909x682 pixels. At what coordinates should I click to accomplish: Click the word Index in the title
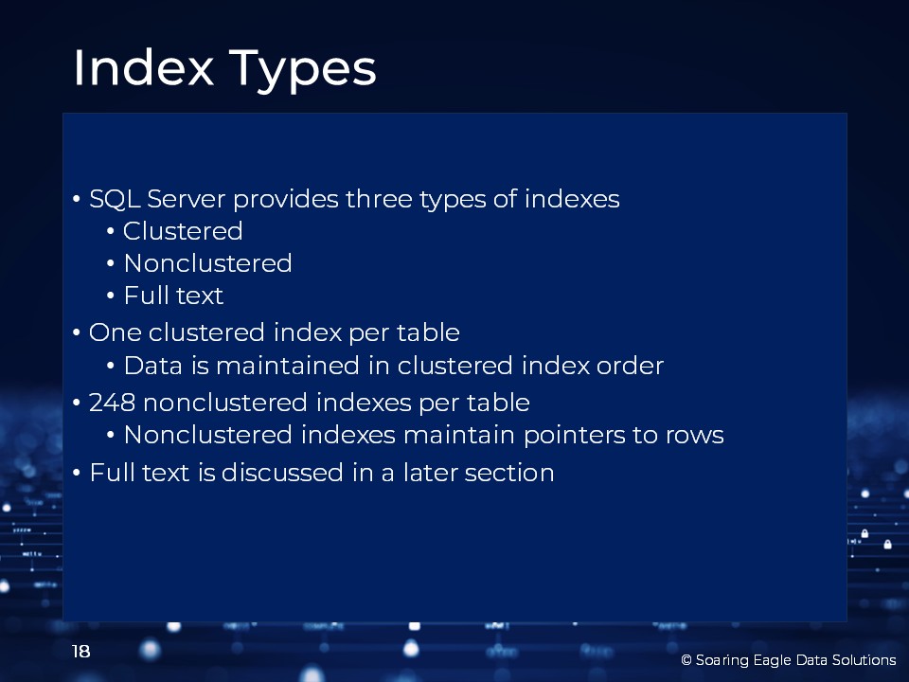coord(143,68)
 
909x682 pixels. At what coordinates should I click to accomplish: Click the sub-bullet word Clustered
coord(183,231)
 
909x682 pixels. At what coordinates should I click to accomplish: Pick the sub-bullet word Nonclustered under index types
coord(207,263)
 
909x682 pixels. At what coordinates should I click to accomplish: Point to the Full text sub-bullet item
coord(173,296)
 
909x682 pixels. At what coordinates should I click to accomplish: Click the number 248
coord(112,403)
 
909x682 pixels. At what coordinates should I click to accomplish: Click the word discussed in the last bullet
coord(282,473)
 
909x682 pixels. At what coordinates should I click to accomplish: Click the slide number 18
coord(81,652)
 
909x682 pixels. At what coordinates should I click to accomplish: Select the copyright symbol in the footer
coord(686,660)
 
